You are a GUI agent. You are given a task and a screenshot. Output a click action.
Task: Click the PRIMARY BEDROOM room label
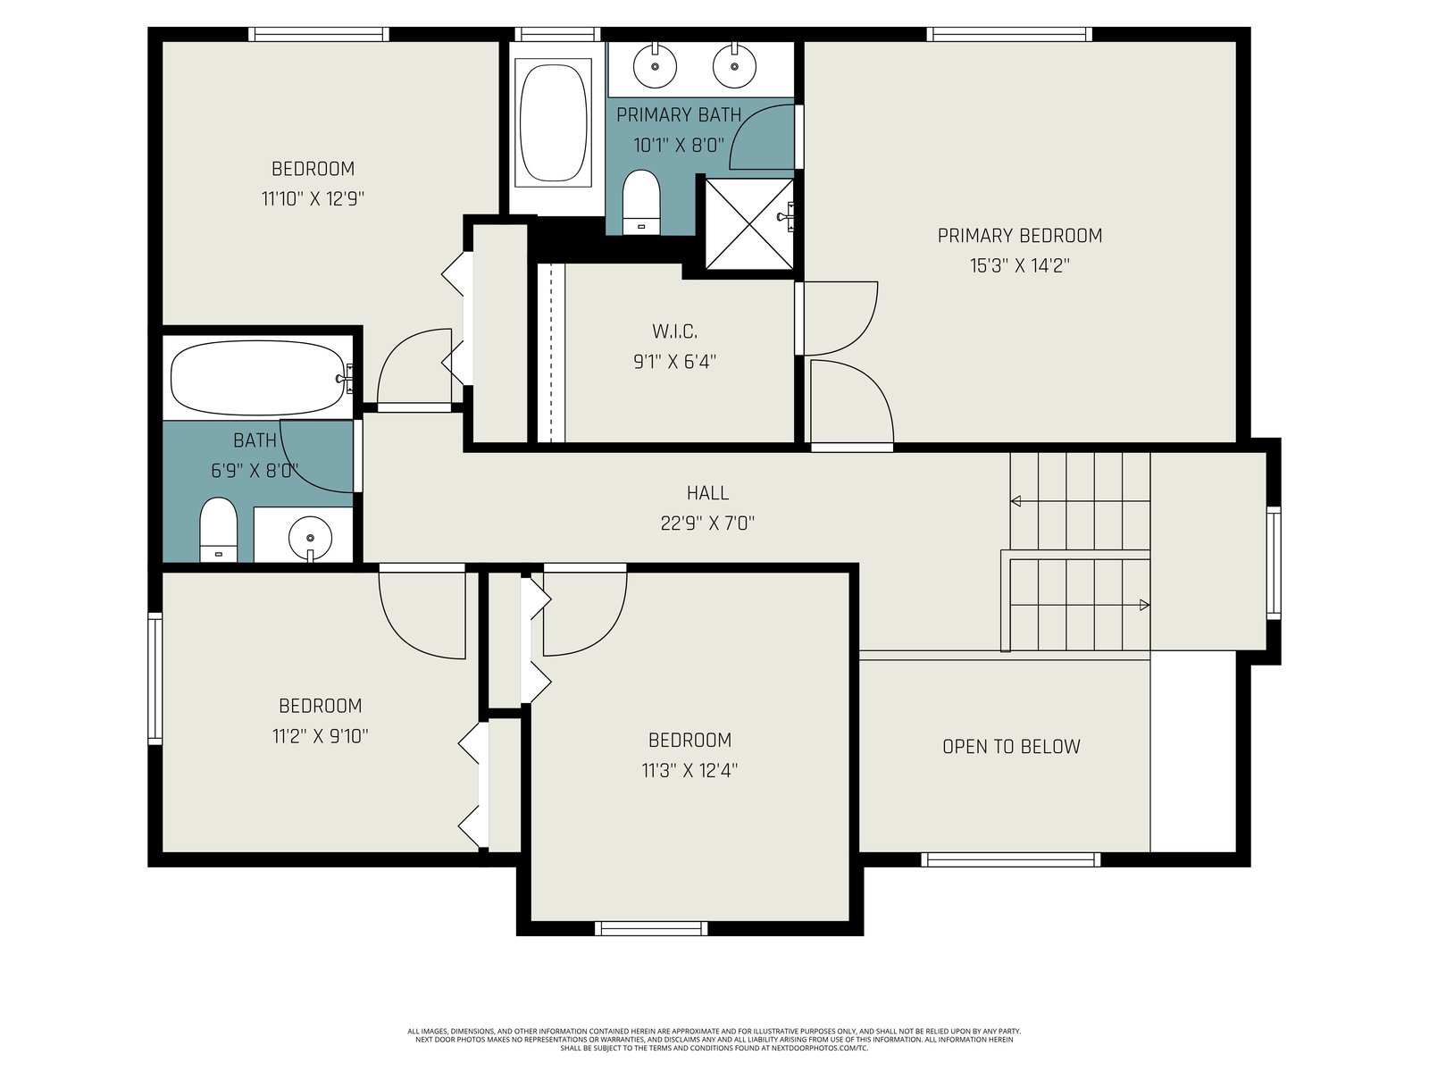click(x=1020, y=236)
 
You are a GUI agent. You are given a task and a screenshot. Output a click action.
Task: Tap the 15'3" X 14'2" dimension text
click(x=1020, y=265)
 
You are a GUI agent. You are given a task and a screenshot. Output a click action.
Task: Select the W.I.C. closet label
click(x=674, y=331)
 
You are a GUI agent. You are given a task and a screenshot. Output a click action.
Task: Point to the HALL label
click(x=707, y=493)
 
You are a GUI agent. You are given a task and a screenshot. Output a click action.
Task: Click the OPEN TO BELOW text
click(x=1011, y=747)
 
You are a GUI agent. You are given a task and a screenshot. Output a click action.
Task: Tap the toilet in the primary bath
click(x=641, y=202)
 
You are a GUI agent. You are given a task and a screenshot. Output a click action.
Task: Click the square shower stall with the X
click(x=749, y=224)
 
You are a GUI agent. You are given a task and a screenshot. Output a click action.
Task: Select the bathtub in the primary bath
click(x=554, y=123)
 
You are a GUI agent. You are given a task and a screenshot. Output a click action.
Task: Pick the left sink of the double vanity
click(x=655, y=66)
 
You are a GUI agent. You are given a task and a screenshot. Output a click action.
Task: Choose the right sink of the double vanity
click(x=734, y=66)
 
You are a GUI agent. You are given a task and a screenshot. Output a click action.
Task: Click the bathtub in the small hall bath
click(x=258, y=378)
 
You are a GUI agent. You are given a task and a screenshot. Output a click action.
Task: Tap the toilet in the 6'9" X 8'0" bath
click(x=218, y=529)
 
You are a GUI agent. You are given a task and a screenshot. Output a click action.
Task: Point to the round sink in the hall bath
click(x=311, y=539)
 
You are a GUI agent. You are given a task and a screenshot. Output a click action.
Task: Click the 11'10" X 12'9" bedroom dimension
click(x=313, y=198)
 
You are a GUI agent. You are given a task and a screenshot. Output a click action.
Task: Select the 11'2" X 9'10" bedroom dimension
click(x=321, y=736)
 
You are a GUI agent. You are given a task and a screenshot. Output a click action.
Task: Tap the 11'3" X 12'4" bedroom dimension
click(x=689, y=771)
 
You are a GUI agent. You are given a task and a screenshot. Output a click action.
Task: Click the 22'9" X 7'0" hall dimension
click(x=707, y=523)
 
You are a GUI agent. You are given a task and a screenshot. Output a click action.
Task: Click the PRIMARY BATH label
click(x=679, y=115)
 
